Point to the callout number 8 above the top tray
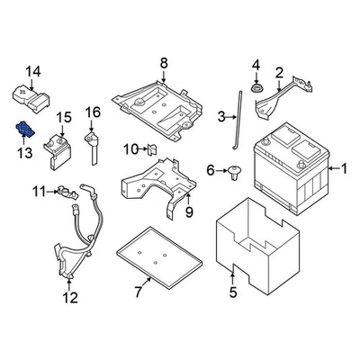(x=164, y=62)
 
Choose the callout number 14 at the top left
(x=33, y=71)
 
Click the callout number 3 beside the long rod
(x=221, y=115)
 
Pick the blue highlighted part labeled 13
(x=24, y=130)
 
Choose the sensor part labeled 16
(x=91, y=144)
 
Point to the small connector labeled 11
(x=65, y=191)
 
